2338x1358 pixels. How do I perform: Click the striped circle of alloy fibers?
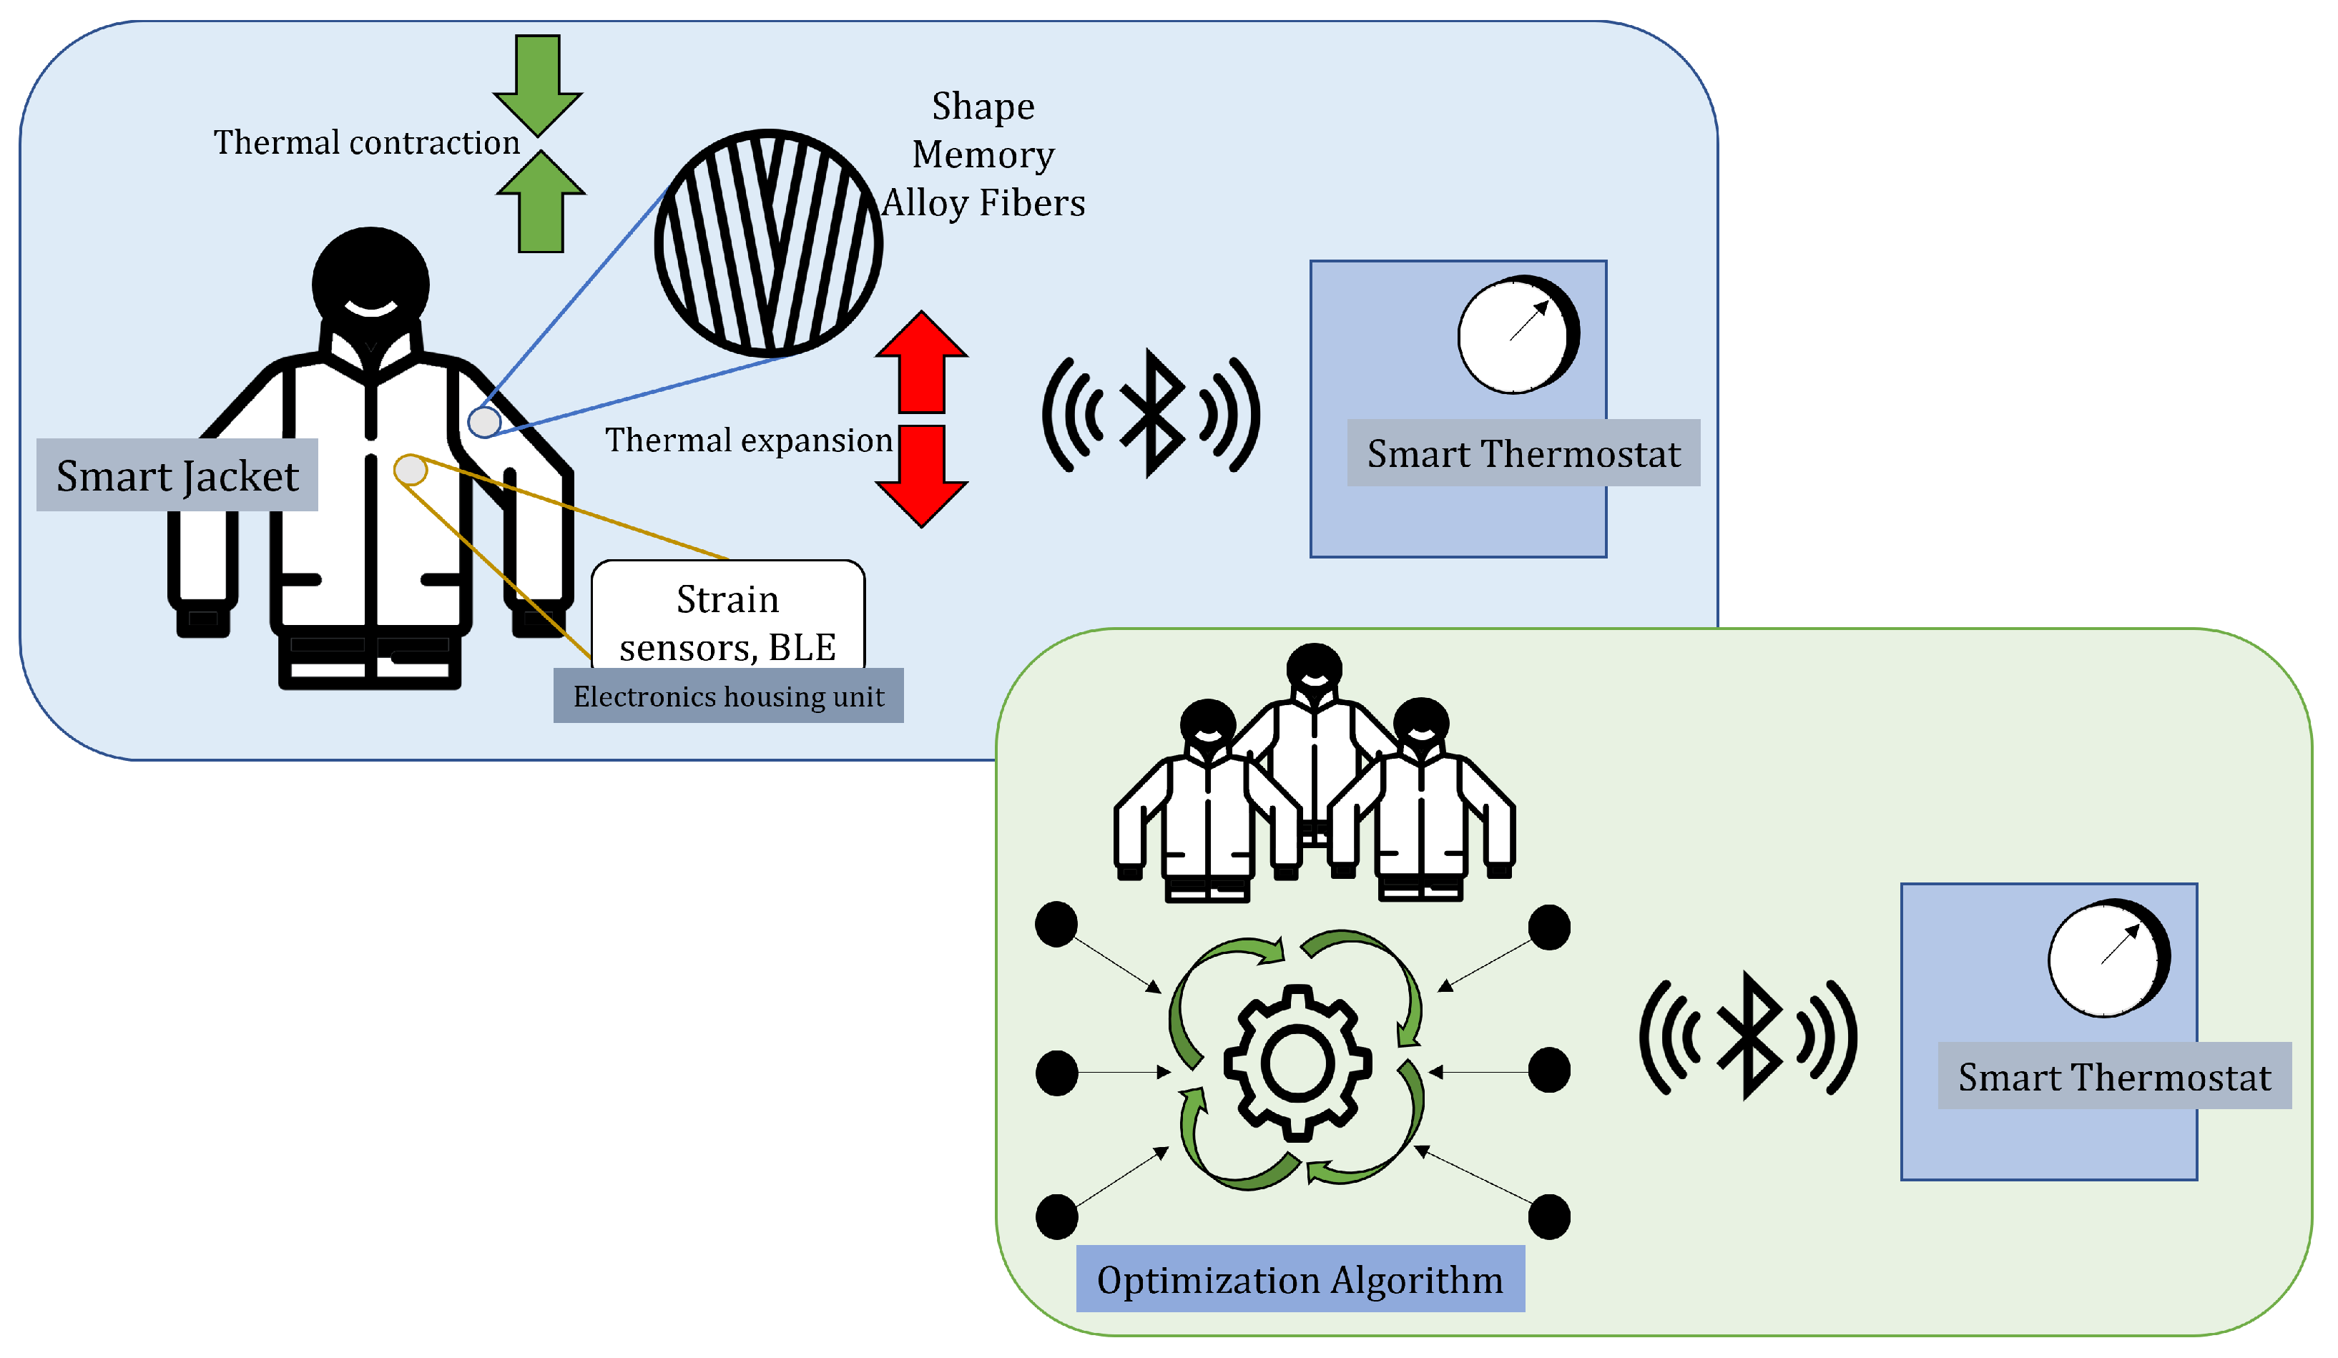(x=768, y=244)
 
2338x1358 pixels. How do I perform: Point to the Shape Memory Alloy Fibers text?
(x=983, y=155)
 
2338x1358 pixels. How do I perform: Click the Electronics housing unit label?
(x=728, y=697)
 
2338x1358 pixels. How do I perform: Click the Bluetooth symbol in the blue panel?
(x=1151, y=414)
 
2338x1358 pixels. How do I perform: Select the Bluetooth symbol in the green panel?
(x=1749, y=1036)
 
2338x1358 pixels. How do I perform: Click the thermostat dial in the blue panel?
(x=1518, y=335)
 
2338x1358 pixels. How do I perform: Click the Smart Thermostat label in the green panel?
(x=2114, y=1076)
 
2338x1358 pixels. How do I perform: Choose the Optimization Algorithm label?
(x=1300, y=1279)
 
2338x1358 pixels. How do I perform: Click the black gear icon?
(x=1297, y=1063)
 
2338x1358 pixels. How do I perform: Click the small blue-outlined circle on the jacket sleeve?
(x=484, y=422)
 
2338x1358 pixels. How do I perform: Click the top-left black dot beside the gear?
(x=1056, y=925)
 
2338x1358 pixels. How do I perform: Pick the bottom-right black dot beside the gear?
(x=1548, y=1217)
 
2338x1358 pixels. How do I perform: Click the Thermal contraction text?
(x=366, y=143)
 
